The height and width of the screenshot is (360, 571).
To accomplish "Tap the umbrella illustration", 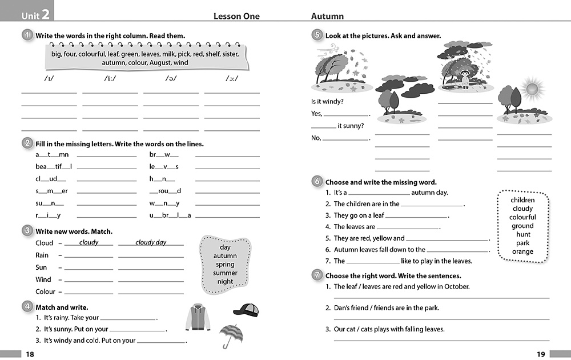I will point(230,335).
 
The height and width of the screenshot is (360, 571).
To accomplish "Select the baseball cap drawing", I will point(246,310).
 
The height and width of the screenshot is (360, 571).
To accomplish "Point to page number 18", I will point(30,354).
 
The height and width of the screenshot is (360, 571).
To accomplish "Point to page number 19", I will point(541,354).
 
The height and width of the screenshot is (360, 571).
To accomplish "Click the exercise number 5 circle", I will point(317,35).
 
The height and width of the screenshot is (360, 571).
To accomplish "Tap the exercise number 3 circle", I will point(27,231).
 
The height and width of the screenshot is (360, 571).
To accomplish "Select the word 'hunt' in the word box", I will point(523,234).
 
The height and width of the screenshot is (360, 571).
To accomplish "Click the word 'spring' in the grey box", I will point(225,265).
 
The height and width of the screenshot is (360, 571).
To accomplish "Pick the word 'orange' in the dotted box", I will point(522,251).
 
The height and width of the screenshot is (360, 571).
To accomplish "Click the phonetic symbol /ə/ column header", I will point(171,79).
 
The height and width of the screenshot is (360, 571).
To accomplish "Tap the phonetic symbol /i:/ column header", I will point(110,79).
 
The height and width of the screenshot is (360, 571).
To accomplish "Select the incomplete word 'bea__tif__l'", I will point(54,167).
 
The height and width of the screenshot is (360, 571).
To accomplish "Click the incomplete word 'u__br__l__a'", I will point(170,215).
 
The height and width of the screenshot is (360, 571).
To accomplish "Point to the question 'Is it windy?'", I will point(327,101).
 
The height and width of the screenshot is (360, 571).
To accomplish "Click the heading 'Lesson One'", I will point(236,16).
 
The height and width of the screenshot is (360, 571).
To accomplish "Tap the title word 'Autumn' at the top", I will point(327,16).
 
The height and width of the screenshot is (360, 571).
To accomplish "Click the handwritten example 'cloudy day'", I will point(151,242).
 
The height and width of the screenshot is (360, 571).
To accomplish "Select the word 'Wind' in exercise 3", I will point(43,279).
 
